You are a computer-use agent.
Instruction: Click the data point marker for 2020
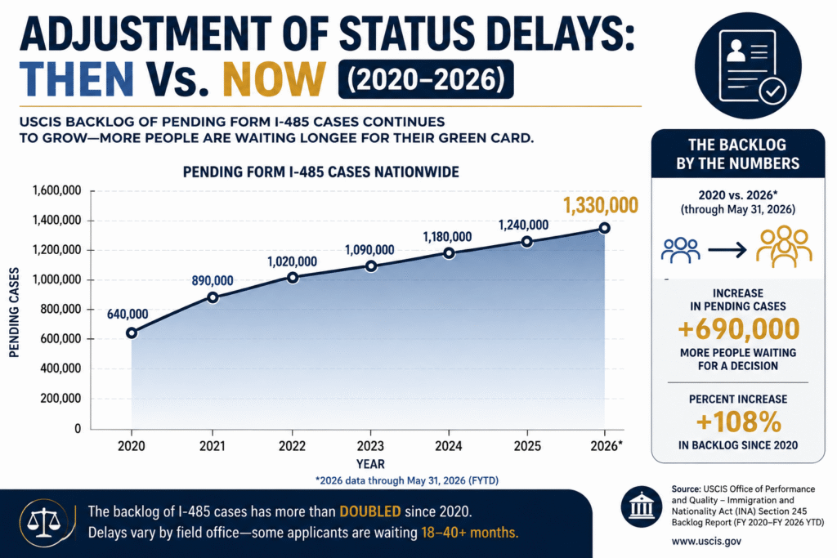[x=132, y=333]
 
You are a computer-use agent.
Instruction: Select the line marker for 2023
[x=371, y=266]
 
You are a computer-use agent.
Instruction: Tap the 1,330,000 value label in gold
[x=601, y=205]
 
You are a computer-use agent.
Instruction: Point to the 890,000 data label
[x=213, y=280]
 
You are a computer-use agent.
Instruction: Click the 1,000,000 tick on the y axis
[x=57, y=279]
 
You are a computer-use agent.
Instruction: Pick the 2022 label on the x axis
[x=292, y=446]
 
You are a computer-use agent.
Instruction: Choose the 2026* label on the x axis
[x=606, y=446]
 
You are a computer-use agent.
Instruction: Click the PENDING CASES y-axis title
[x=14, y=313]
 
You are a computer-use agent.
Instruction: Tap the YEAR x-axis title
[x=370, y=464]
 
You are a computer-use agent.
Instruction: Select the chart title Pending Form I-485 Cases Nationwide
[x=320, y=172]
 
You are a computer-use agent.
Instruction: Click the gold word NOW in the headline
[x=274, y=79]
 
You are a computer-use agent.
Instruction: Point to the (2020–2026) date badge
[x=426, y=79]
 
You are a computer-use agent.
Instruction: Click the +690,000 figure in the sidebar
[x=738, y=328]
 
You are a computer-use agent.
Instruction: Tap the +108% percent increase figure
[x=738, y=422]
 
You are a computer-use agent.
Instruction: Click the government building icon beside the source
[x=642, y=507]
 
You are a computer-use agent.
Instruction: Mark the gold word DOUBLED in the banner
[x=370, y=511]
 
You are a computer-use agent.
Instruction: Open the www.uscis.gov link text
[x=706, y=541]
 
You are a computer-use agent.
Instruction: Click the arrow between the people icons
[x=727, y=250]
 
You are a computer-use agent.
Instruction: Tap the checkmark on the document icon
[x=772, y=92]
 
